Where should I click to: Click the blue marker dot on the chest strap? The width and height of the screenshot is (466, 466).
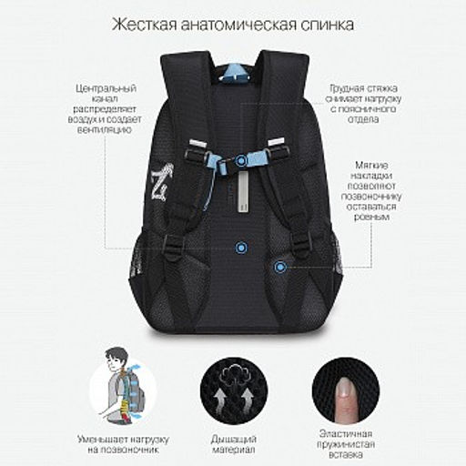pyautogui.click(x=241, y=161)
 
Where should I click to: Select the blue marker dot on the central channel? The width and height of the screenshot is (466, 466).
pyautogui.click(x=241, y=248)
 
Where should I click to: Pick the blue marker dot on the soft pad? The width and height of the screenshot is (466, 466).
pyautogui.click(x=280, y=267)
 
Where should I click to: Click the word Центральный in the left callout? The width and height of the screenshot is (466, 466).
pyautogui.click(x=106, y=88)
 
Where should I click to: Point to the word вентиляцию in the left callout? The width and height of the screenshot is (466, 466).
pyautogui.click(x=105, y=130)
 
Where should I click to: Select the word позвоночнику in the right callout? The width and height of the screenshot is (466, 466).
pyautogui.click(x=371, y=197)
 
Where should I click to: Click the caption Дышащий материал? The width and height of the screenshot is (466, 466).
pyautogui.click(x=234, y=444)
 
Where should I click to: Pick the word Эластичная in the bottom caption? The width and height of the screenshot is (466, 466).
pyautogui.click(x=346, y=434)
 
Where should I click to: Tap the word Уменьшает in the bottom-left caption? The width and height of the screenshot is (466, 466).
pyautogui.click(x=102, y=440)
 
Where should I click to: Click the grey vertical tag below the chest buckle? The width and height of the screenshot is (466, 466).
pyautogui.click(x=243, y=191)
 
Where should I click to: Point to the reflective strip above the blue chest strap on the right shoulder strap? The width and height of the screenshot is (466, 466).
pyautogui.click(x=277, y=142)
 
